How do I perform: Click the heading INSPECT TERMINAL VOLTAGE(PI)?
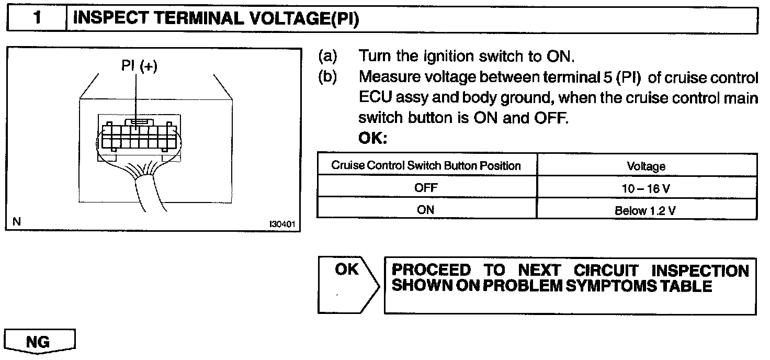tap(216, 19)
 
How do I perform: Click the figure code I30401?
tap(282, 223)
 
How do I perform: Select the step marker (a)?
tap(327, 56)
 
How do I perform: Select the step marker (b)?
tap(327, 77)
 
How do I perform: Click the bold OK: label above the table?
tap(372, 139)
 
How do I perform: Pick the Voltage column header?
tap(646, 166)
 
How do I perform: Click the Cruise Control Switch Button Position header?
tap(426, 166)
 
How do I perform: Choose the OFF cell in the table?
tap(426, 188)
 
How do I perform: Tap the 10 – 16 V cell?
tap(646, 188)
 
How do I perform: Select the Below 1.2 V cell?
tap(646, 210)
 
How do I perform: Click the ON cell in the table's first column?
tap(426, 210)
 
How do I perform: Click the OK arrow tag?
tap(347, 270)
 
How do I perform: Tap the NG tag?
tap(39, 342)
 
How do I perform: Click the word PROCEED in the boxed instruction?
tap(431, 271)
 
